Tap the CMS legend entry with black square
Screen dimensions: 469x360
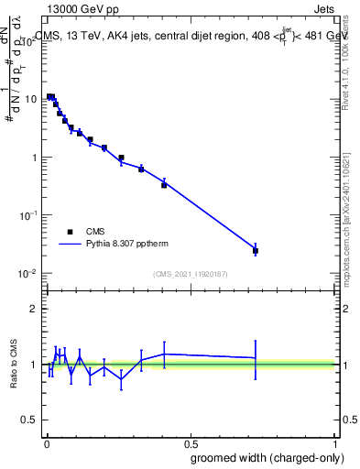(x=82, y=232)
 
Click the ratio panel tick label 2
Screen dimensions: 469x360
(x=35, y=309)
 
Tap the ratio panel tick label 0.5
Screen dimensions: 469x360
(x=30, y=420)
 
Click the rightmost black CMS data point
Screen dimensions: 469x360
(x=256, y=250)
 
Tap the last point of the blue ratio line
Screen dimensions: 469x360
(x=256, y=358)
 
